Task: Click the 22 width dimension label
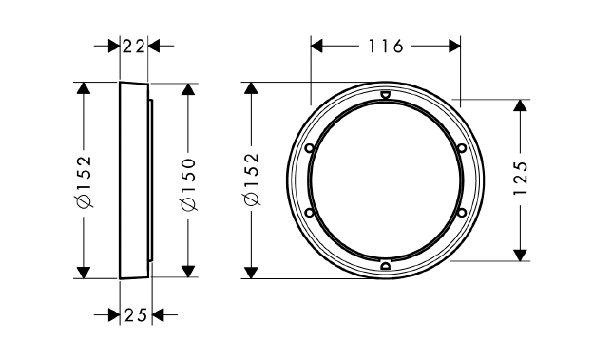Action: [134, 47]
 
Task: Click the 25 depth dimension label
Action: [135, 315]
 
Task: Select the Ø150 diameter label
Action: [189, 184]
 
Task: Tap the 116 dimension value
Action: [386, 47]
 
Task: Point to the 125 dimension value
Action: [521, 179]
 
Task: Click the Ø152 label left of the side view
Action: [84, 181]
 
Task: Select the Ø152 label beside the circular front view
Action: [252, 180]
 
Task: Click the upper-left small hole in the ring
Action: [309, 148]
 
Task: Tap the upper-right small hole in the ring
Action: [462, 148]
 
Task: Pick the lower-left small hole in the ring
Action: [309, 213]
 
